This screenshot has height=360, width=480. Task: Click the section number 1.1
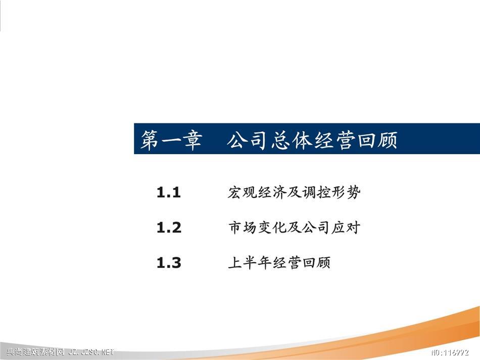168,193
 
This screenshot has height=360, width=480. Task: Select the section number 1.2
169,228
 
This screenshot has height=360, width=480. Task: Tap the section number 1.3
169,263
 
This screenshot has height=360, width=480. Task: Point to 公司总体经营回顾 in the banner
312,141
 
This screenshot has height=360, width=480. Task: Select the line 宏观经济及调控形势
294,193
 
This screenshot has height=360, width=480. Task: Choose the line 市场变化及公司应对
294,228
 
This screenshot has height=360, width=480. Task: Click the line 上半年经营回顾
279,263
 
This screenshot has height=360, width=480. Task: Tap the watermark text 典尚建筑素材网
35,352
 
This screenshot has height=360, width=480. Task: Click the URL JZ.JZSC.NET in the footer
91,352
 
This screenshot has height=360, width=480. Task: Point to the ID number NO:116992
450,352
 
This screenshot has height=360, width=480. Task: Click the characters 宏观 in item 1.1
242,193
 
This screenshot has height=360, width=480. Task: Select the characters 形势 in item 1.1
346,193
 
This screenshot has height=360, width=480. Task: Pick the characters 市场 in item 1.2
243,228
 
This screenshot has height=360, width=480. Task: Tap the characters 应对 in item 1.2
346,228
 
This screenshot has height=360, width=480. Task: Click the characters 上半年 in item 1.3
250,263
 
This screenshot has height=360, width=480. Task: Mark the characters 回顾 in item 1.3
316,263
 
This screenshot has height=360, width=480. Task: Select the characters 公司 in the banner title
247,141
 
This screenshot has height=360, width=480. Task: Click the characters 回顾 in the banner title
378,141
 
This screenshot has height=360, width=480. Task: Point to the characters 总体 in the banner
291,141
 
